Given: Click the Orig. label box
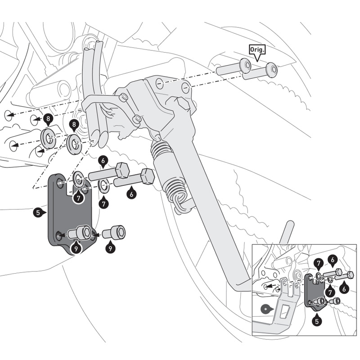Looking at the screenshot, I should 257,49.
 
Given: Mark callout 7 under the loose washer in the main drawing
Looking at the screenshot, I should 104,203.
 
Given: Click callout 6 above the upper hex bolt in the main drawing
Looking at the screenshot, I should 103,161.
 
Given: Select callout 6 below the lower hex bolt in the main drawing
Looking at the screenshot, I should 131,194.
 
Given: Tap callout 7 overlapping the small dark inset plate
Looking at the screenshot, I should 318,262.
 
